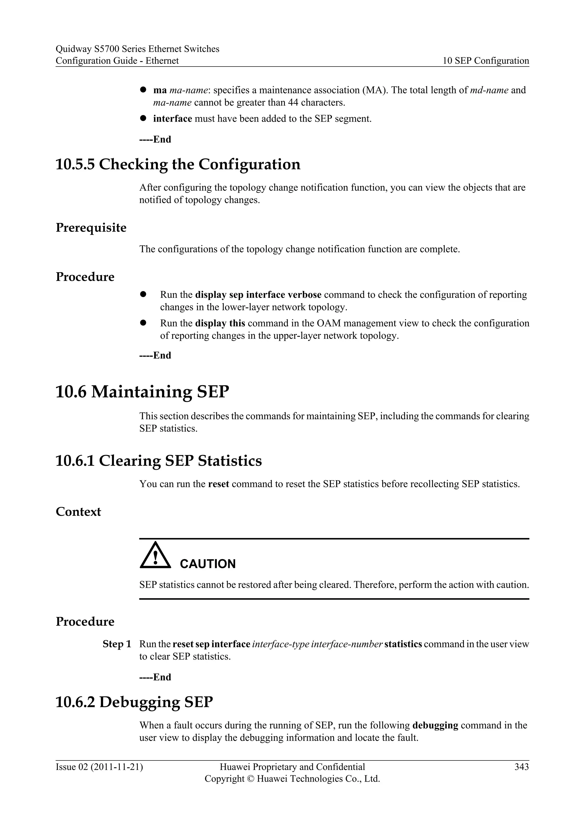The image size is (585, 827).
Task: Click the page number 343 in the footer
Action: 521,767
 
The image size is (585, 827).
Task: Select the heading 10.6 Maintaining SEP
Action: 142,392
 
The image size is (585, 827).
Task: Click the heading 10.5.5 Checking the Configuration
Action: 178,164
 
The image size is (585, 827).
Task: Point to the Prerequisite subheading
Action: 91,228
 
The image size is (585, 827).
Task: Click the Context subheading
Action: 78,511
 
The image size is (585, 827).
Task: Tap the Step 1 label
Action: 117,644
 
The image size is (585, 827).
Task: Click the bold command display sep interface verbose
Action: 258,295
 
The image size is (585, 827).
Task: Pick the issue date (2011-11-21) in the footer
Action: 117,767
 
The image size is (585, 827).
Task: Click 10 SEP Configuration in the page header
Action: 486,61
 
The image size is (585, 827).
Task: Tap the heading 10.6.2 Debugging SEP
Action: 134,702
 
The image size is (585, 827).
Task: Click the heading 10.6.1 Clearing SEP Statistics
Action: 159,461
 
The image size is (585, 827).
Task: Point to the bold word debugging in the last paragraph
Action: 435,725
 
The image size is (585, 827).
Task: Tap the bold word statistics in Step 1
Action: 403,644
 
